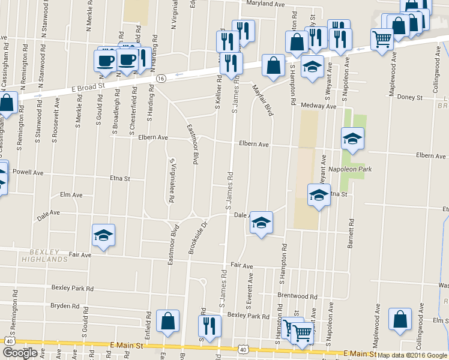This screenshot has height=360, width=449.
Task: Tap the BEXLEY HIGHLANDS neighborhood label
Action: coord(44,256)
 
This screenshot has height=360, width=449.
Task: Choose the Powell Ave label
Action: coord(29,172)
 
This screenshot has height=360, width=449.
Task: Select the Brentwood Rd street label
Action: coord(297,296)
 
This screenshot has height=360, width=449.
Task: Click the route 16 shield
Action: coord(161,79)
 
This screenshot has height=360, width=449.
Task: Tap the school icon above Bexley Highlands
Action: coord(103,235)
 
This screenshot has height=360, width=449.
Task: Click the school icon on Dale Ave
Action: coord(261,223)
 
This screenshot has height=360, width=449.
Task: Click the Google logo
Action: coord(19,353)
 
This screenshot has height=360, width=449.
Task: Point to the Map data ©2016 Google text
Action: coord(411,355)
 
